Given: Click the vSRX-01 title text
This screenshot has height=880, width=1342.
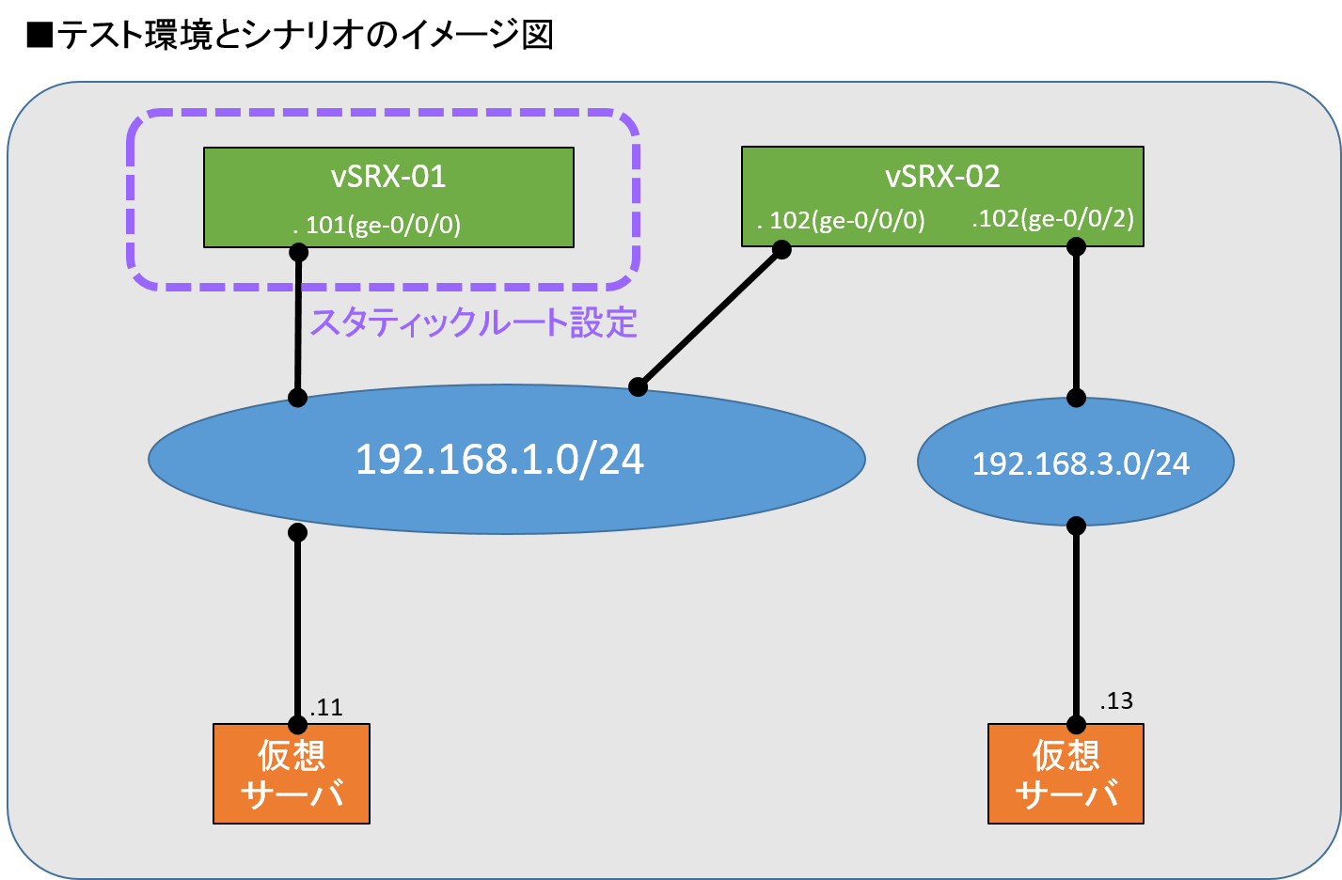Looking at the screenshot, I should [x=388, y=177].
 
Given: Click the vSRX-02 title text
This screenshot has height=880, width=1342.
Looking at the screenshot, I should [x=942, y=177].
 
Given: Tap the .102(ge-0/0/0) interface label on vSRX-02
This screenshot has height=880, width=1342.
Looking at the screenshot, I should [x=842, y=221].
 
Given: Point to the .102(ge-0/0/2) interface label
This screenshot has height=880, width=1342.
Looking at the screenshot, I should [x=1053, y=219].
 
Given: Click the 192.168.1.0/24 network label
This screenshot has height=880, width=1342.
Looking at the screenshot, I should [x=499, y=460].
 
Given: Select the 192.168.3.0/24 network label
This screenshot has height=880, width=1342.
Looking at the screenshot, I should [x=1081, y=464].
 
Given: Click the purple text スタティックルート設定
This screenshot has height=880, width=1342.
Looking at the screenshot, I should [x=474, y=322].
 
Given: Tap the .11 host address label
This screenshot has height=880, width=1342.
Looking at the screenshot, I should [x=326, y=707].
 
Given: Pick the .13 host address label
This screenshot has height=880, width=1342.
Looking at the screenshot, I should [x=1116, y=700].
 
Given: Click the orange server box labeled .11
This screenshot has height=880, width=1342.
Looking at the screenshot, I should [x=292, y=775].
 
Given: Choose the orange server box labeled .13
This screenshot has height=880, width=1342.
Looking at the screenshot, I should [x=1066, y=775].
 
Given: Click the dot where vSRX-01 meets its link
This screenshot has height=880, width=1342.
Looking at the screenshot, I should [x=298, y=252].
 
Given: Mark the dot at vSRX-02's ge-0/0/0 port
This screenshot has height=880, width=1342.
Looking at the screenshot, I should [x=781, y=249].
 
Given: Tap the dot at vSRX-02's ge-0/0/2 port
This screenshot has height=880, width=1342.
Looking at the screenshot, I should [x=1076, y=246].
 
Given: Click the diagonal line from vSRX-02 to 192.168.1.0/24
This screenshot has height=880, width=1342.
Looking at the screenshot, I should [x=710, y=318].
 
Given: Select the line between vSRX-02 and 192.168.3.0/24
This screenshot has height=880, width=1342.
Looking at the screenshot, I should [x=1076, y=322].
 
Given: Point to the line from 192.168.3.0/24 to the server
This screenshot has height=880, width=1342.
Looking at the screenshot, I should [x=1076, y=625].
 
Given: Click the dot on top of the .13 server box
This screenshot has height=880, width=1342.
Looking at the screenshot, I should [x=1076, y=725].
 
